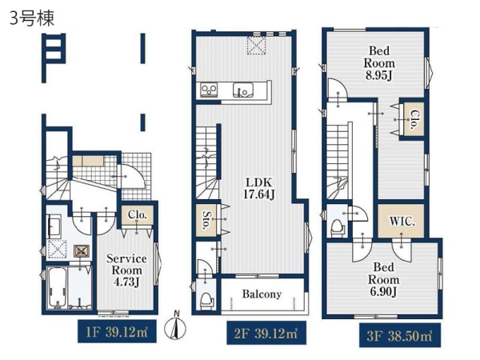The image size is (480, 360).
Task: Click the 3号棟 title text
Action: tap(32, 18)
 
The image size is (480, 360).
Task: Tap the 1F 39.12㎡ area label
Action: tap(117, 331)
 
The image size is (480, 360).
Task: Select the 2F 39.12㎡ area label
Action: tap(266, 333)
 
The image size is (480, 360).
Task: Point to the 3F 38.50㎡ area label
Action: tap(400, 335)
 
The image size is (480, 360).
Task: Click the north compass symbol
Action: tap(176, 326)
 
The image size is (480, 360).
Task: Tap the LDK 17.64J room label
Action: tap(258, 188)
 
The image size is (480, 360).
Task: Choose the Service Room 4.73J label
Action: tap(126, 270)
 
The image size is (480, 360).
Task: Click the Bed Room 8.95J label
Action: tap(379, 63)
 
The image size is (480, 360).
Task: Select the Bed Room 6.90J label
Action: tap(383, 279)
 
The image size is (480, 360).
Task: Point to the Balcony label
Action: tap(262, 294)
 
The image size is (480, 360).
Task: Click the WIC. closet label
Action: tap(402, 221)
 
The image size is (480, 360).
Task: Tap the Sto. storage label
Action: tap(206, 219)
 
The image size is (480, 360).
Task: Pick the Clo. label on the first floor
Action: tap(137, 214)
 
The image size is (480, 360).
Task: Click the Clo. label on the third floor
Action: tap(414, 119)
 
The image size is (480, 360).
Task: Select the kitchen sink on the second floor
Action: tap(242, 90)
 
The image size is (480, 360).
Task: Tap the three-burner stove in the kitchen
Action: tap(209, 90)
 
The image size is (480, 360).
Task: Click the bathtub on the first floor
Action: tap(57, 288)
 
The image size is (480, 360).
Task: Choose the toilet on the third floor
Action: tap(338, 227)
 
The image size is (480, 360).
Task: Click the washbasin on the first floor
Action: tap(54, 226)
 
